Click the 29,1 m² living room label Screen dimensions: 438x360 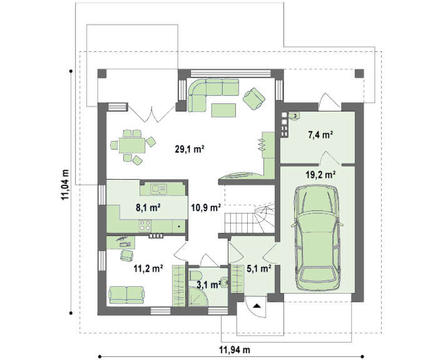190,149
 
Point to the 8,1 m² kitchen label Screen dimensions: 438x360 148,208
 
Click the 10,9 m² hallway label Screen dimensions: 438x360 206,208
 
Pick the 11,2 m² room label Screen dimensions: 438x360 148,269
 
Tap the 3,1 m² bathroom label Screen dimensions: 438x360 209,285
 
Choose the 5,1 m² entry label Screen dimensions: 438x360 259,269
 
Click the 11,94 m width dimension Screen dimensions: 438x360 235,349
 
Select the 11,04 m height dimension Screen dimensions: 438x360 65,185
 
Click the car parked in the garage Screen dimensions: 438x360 317,238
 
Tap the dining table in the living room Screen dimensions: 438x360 132,145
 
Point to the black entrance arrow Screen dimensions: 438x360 257,306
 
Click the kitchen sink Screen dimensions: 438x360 159,189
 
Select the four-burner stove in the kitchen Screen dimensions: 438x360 145,225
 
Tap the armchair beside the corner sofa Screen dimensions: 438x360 254,98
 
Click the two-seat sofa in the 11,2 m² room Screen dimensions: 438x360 127,295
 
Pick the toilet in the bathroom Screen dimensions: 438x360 194,275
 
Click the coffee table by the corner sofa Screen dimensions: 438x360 223,110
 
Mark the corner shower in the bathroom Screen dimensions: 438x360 198,296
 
